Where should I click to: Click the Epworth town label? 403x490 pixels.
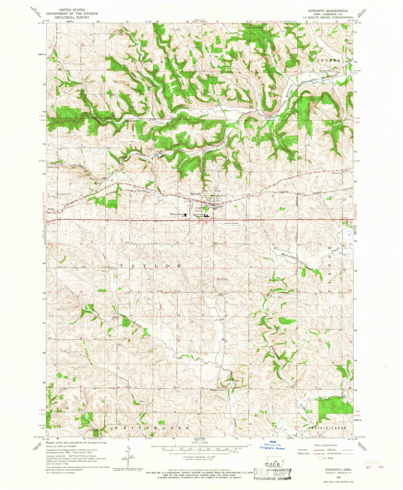[196, 193]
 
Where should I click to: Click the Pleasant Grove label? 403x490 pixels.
[217, 390]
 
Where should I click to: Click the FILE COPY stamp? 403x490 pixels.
[272, 473]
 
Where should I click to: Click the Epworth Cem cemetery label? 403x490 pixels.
[223, 279]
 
